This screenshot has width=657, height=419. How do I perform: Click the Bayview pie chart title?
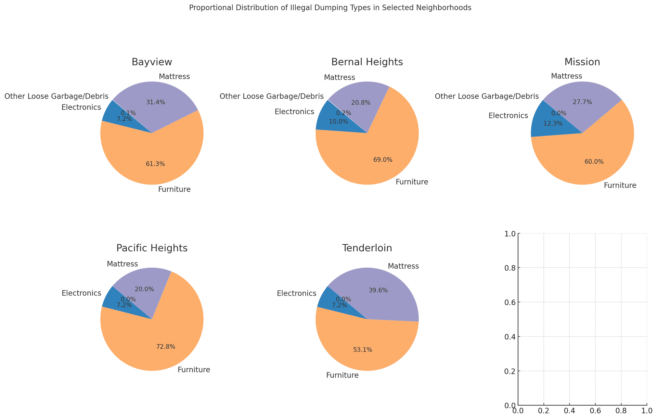[x=152, y=62]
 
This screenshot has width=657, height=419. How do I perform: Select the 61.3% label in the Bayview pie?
[x=155, y=164]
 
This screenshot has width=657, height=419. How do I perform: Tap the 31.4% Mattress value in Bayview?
[x=156, y=102]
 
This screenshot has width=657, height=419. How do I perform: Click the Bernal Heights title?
[x=367, y=62]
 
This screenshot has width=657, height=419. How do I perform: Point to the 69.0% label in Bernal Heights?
[x=383, y=160]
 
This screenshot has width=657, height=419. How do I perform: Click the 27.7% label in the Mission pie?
[x=582, y=102]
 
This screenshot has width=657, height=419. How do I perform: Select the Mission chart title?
[x=582, y=62]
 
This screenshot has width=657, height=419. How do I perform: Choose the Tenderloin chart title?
[x=367, y=248]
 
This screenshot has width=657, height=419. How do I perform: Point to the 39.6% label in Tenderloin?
[x=378, y=290]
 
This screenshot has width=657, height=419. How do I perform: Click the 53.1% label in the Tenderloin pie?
[x=363, y=350]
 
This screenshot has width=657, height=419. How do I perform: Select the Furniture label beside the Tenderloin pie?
[x=342, y=376]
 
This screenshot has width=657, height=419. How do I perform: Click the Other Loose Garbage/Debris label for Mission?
[x=487, y=97]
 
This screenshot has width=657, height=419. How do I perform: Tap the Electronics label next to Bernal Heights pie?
[x=294, y=112]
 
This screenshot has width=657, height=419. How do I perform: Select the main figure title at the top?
[x=330, y=8]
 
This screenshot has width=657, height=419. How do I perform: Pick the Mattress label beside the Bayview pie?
[x=174, y=77]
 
